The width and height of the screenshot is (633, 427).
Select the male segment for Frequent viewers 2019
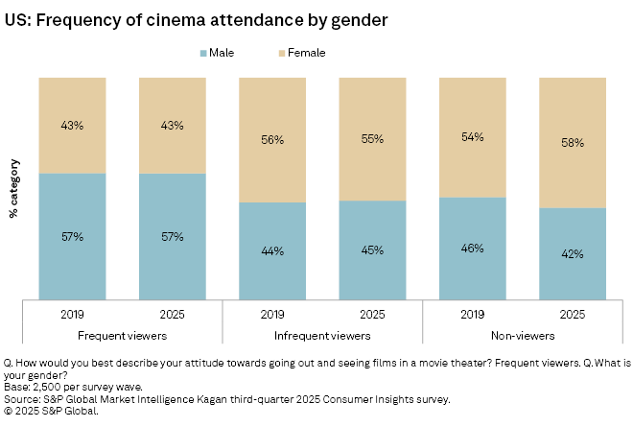72,236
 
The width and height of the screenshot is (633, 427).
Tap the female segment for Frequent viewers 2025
172,126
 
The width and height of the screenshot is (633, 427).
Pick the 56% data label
271,139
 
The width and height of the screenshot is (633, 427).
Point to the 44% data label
271,250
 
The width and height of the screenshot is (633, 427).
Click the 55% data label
372,139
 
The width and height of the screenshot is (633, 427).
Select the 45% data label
372,250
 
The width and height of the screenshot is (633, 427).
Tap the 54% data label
472,137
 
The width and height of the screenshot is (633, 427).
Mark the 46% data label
472,249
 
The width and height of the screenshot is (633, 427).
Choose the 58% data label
573,142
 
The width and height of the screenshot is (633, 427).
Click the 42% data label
573,253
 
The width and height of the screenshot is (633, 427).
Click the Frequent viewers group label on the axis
122,335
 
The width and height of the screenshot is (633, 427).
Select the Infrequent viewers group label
322,335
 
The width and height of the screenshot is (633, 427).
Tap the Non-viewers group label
522,335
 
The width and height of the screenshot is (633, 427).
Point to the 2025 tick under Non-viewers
573,314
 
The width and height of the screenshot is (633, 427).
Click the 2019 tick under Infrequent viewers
271,314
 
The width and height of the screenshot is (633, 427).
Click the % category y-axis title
14,189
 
